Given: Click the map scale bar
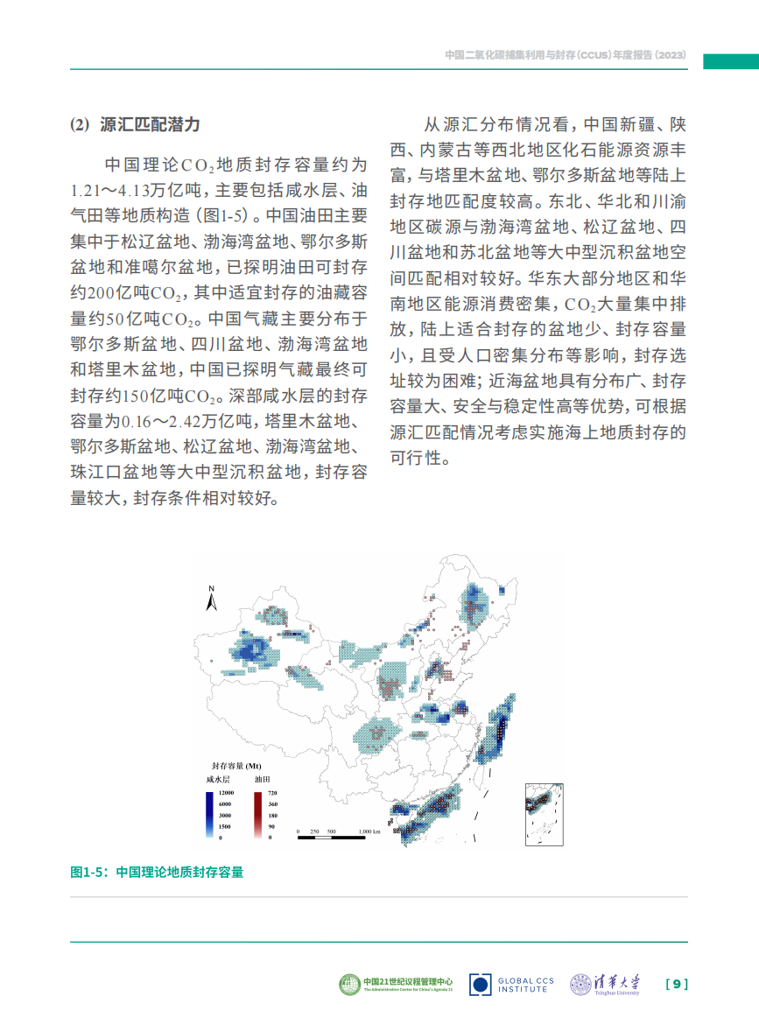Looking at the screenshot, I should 330,837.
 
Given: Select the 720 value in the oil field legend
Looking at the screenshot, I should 271,792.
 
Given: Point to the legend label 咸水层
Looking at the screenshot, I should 218,778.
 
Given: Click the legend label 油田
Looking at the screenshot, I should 262,778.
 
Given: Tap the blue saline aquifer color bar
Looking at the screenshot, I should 208,814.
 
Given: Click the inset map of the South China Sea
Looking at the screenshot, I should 545,813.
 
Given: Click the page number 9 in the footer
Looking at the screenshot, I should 677,984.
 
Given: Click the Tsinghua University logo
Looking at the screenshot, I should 605,984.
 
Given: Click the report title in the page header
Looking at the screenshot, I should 564,55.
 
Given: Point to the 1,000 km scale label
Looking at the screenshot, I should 369,831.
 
